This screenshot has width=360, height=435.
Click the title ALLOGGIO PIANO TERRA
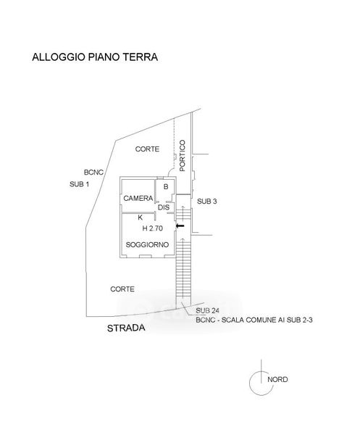[x=95, y=57]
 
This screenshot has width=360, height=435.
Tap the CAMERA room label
[x=138, y=199]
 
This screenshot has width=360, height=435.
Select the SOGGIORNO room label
[x=147, y=245]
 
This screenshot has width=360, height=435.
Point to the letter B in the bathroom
[x=166, y=187]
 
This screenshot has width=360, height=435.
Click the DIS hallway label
[x=164, y=207]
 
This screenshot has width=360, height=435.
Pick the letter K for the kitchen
[x=141, y=217]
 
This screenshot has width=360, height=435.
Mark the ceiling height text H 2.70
[x=152, y=228]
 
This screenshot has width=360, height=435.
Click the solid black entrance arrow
[x=180, y=225]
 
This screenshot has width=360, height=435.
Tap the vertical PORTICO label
[x=182, y=155]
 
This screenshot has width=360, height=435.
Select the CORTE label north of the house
[x=147, y=149]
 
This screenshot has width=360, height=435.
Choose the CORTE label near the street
[x=122, y=289]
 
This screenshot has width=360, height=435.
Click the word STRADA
[x=126, y=328]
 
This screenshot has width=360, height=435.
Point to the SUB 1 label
[x=79, y=184]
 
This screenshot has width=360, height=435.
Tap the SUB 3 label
[x=206, y=202]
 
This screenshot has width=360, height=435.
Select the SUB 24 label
[x=207, y=310]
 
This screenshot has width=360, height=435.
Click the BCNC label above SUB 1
[x=93, y=173]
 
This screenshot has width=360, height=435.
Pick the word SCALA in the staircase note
[x=233, y=320]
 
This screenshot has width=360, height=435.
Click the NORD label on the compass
[x=277, y=379]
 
